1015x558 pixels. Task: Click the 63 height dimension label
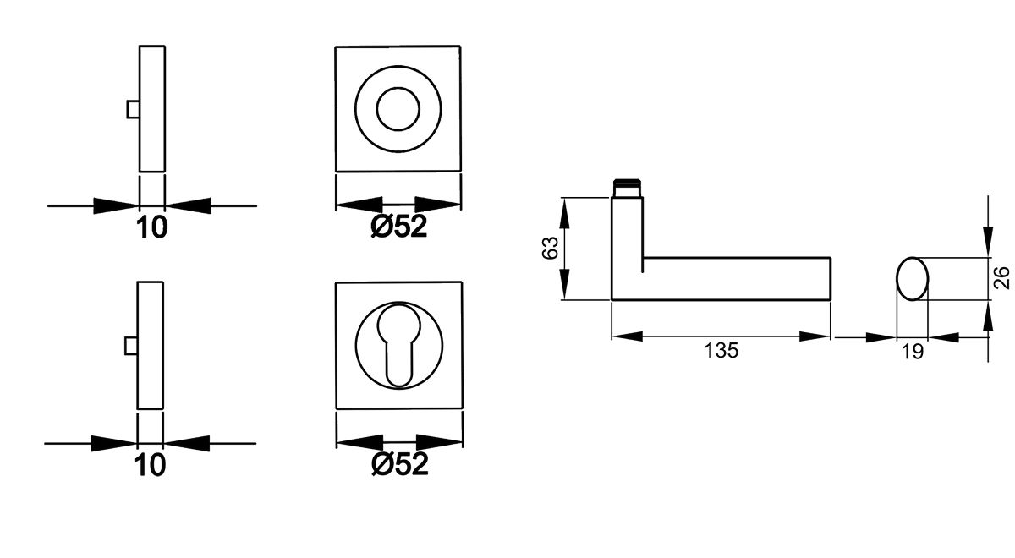point(549,249)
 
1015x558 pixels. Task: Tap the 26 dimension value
point(1002,278)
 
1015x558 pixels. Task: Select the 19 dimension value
point(912,353)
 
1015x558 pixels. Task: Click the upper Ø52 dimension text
point(398,227)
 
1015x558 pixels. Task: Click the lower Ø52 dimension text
point(398,463)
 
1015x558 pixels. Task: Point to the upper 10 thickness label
point(151,227)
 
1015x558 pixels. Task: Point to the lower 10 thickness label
point(151,464)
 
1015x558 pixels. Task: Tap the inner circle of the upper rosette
point(398,109)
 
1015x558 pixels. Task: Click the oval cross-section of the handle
point(911,278)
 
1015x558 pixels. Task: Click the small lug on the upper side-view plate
point(132,110)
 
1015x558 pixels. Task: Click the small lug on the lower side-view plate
point(132,346)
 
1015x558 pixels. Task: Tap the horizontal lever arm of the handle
point(736,278)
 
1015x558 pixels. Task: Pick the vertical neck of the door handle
point(627,245)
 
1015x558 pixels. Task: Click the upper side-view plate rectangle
point(151,110)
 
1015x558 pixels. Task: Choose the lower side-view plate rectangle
point(151,346)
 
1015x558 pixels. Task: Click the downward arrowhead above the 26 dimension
point(987,240)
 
